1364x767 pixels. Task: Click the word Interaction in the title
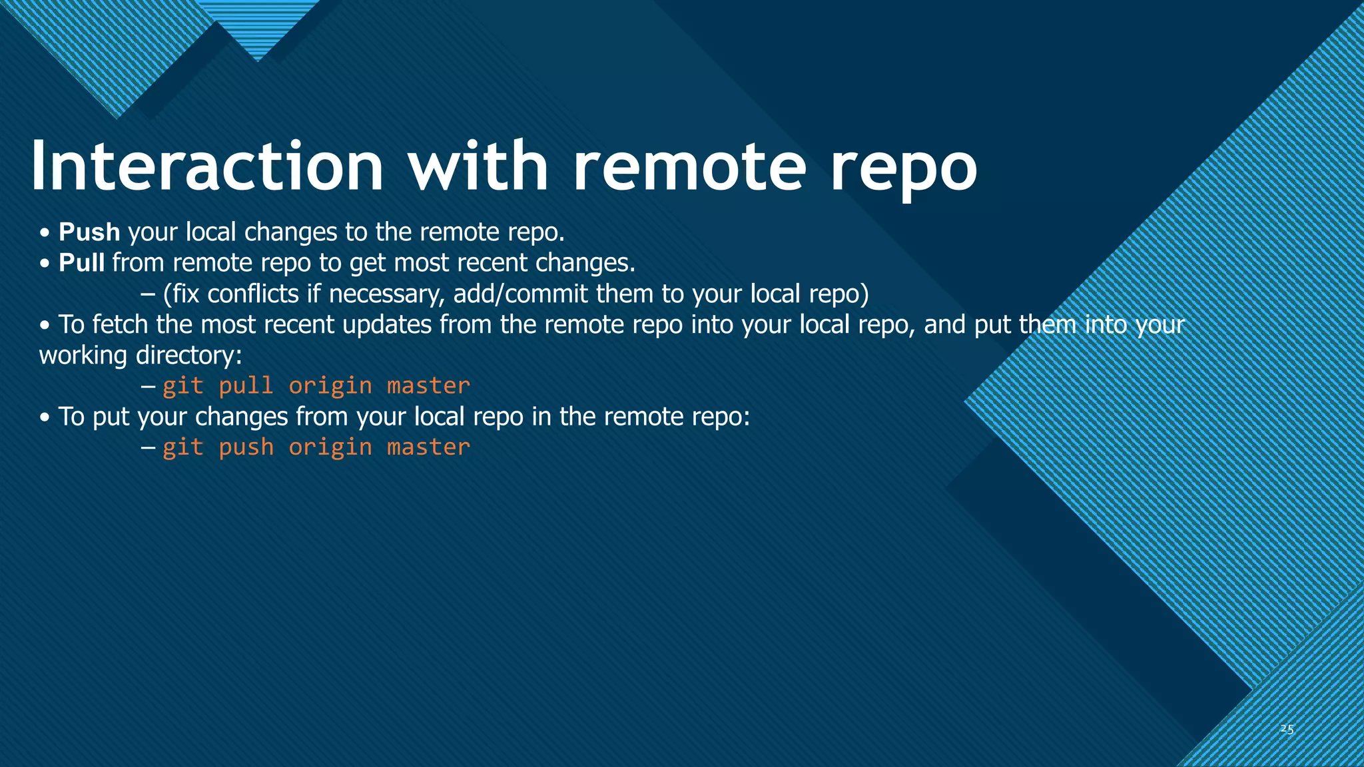click(206, 166)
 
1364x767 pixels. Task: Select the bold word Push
click(89, 232)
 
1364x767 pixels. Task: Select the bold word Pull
click(81, 263)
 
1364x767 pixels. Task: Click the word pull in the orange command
click(246, 386)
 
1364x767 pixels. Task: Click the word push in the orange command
click(246, 447)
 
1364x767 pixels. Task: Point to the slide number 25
click(1287, 729)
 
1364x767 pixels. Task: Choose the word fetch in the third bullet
click(120, 325)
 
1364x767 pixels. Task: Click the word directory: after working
click(188, 356)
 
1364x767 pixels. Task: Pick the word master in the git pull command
click(428, 386)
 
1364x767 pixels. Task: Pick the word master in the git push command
click(428, 447)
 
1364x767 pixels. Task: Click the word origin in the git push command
click(330, 447)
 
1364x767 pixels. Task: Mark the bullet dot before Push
click(45, 234)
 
